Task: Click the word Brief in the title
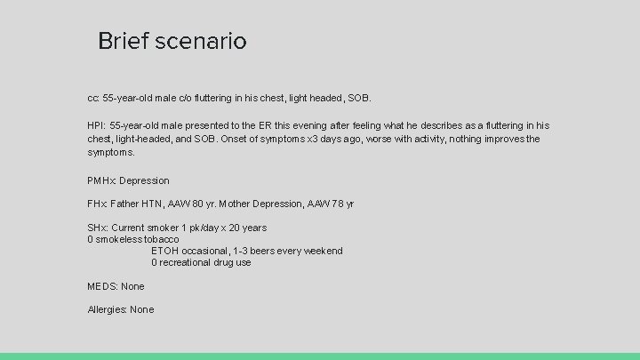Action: (x=119, y=41)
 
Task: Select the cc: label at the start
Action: (x=93, y=96)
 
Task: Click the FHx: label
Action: (x=97, y=204)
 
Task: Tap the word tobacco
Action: (x=160, y=239)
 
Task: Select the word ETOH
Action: (x=164, y=251)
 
